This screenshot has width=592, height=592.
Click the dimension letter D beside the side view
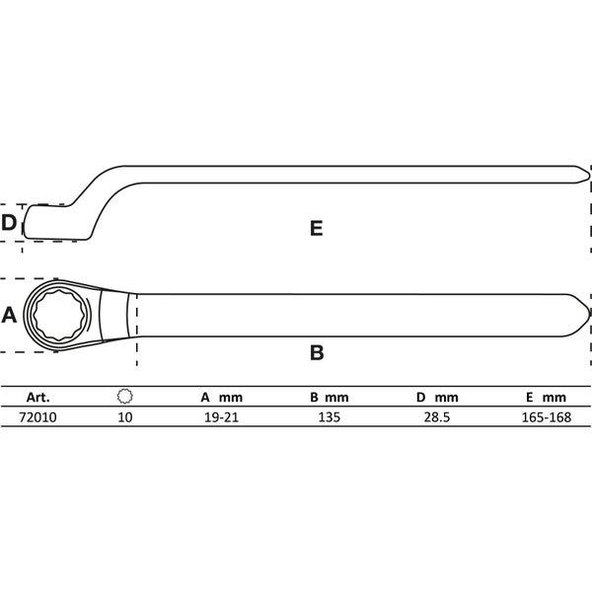(9, 222)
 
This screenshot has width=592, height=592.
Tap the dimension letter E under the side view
(317, 229)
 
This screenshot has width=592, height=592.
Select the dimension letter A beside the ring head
(9, 315)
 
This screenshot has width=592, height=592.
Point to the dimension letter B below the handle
(317, 352)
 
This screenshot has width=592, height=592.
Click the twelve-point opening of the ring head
(60, 316)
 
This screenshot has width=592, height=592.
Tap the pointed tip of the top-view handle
(589, 315)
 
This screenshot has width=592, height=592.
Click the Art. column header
(38, 398)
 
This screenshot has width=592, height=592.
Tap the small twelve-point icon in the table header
(124, 397)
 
